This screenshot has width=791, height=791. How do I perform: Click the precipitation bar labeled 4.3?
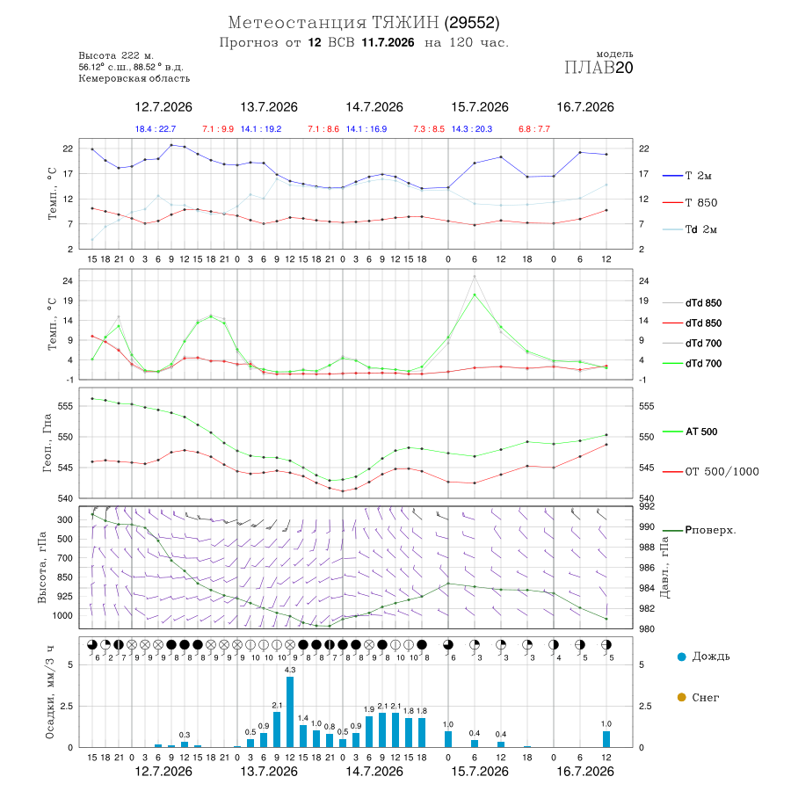[289, 712]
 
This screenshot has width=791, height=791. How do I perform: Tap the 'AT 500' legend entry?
[690, 432]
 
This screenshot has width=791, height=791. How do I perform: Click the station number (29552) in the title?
[472, 23]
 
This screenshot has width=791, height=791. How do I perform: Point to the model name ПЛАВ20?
[599, 68]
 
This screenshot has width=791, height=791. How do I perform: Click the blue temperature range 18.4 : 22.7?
[156, 129]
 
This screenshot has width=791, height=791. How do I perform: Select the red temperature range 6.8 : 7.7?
[534, 129]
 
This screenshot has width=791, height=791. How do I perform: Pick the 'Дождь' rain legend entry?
[704, 657]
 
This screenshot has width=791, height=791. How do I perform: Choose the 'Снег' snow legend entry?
[698, 698]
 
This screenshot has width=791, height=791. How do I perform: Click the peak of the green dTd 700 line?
[475, 294]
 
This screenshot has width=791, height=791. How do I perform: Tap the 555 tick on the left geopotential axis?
[66, 406]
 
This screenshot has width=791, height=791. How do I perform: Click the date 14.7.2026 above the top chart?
[374, 107]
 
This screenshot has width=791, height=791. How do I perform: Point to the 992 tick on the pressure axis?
[647, 506]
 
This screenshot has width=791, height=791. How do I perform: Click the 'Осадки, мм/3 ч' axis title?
[50, 693]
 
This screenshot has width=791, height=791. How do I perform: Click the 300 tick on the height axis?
[65, 519]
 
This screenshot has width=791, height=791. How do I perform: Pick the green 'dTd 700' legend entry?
[693, 364]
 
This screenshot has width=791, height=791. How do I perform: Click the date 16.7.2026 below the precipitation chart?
[585, 772]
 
